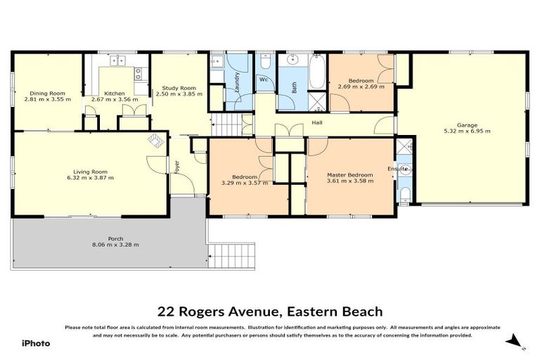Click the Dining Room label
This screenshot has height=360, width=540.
tap(47, 93)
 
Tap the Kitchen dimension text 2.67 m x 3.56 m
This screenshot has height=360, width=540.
tap(115, 100)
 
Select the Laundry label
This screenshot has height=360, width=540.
tap(238, 83)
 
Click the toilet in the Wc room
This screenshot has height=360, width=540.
tap(264, 63)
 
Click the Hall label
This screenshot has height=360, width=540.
tap(317, 122)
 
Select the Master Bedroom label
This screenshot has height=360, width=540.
tap(349, 174)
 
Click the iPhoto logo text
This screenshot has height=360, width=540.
tap(35, 343)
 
